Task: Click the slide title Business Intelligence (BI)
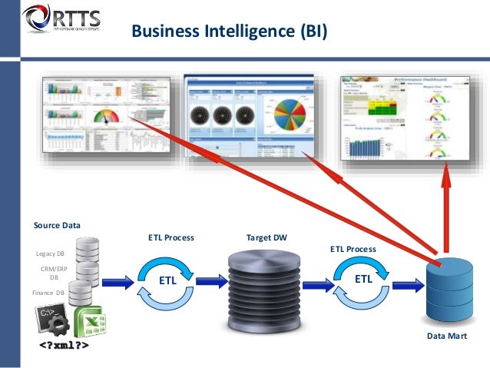(x=229, y=31)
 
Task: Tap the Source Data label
(x=57, y=225)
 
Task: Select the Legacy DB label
(x=51, y=253)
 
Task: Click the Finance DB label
(x=48, y=293)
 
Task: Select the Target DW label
(x=266, y=238)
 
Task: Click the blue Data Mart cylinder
(x=449, y=292)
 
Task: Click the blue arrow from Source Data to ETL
(x=117, y=283)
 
